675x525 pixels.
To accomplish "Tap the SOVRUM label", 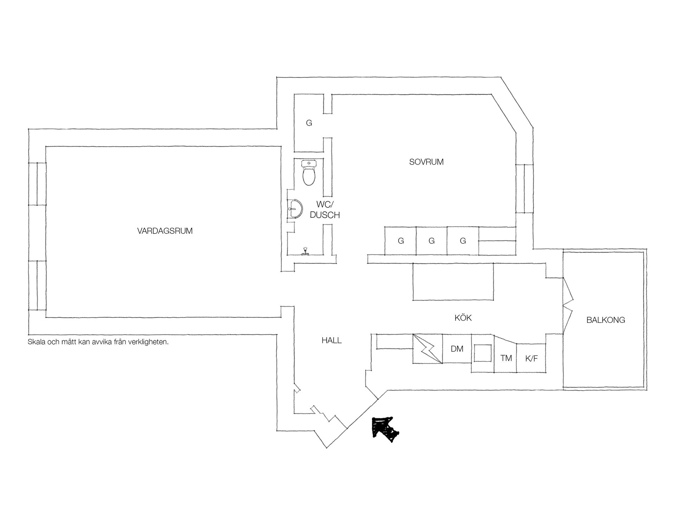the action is pyautogui.click(x=426, y=162).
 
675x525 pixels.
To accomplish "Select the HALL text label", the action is pyautogui.click(x=332, y=340).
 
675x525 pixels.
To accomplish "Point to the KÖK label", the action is pyautogui.click(x=463, y=318).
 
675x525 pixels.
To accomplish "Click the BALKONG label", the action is pyautogui.click(x=606, y=320).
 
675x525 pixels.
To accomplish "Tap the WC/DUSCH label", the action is pyautogui.click(x=325, y=210).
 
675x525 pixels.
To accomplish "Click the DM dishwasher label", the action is pyautogui.click(x=457, y=349).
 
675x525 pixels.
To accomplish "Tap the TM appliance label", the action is pyautogui.click(x=506, y=358).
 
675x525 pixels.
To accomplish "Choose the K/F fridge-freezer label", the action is pyautogui.click(x=531, y=359).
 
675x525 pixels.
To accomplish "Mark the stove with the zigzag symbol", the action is pyautogui.click(x=427, y=348).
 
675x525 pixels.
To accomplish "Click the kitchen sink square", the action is pyautogui.click(x=482, y=353).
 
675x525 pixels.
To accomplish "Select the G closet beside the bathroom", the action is pyautogui.click(x=309, y=123).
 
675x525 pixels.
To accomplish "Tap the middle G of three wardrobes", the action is pyautogui.click(x=432, y=241).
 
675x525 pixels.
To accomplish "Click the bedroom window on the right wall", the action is pyautogui.click(x=525, y=188).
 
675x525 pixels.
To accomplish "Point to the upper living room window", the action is pyautogui.click(x=37, y=184).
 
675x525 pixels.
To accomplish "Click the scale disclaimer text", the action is pyautogui.click(x=98, y=342).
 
